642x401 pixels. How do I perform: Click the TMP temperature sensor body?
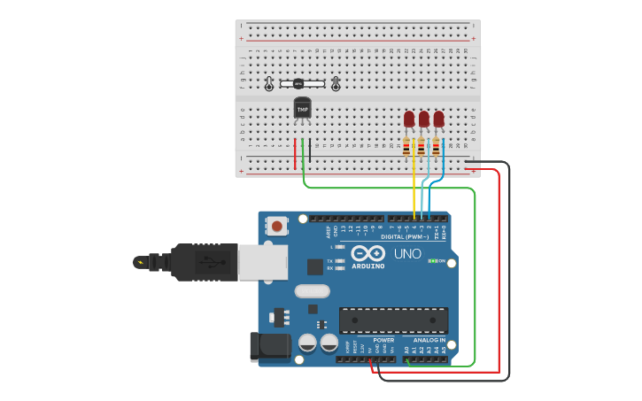pos(302,109)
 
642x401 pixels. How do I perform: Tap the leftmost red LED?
pos(409,119)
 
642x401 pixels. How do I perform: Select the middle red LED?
pos(424,119)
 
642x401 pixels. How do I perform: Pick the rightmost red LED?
pos(438,119)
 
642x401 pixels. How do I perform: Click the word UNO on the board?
pos(407,253)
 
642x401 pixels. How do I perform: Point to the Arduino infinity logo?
pos(367,253)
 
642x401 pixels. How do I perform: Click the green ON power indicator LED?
pos(432,261)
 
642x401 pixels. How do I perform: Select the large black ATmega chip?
pos(393,320)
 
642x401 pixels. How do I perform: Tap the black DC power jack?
pos(269,346)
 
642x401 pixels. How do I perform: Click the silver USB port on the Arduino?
pos(263,262)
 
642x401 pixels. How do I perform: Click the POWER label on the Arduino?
pos(383,340)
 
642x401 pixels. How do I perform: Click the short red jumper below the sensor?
pos(295,153)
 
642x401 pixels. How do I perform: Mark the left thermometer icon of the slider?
pos(269,84)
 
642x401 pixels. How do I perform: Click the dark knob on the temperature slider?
pos(298,84)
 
